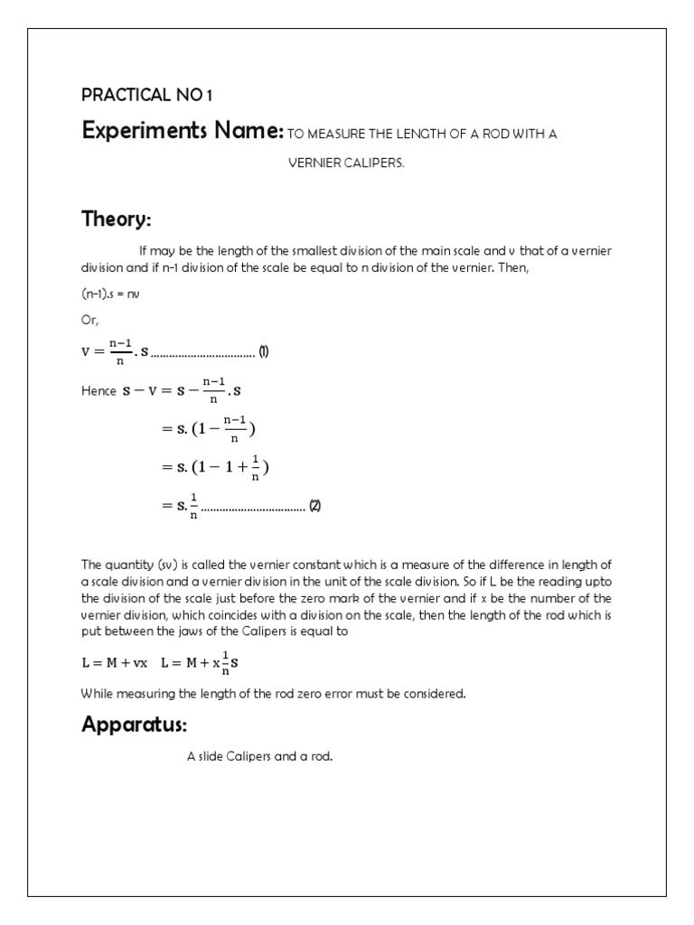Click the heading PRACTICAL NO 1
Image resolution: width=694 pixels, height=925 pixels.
click(148, 95)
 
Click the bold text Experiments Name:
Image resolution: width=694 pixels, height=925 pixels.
click(183, 132)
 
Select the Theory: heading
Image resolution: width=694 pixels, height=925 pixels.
click(116, 219)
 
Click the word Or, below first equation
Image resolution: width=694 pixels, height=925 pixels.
click(89, 321)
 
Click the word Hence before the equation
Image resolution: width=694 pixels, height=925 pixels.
click(98, 391)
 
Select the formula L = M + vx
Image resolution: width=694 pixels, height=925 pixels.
click(115, 663)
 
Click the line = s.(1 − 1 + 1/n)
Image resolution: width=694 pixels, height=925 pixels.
click(215, 467)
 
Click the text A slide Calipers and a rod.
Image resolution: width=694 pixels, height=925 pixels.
click(260, 756)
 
